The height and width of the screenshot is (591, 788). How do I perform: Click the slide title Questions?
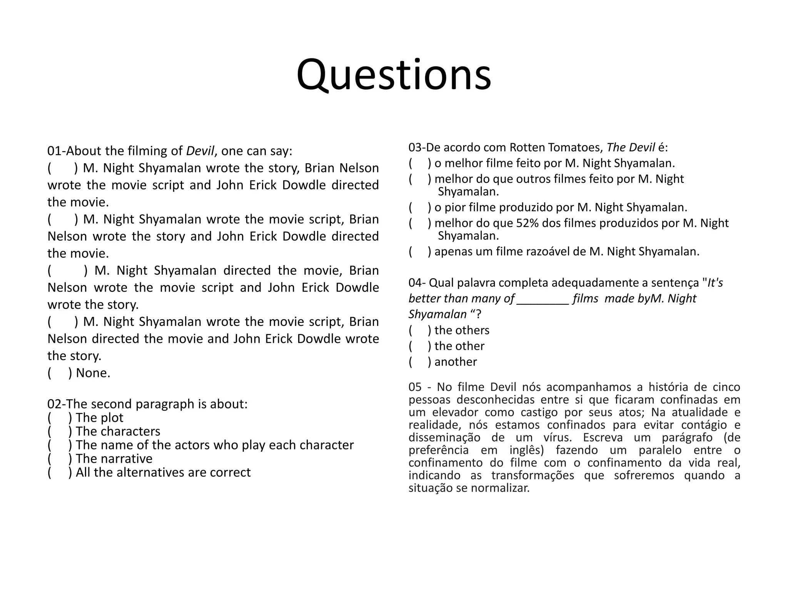(x=394, y=75)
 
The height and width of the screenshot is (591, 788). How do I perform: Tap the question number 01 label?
(x=55, y=151)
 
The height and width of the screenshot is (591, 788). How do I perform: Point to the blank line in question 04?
(x=543, y=299)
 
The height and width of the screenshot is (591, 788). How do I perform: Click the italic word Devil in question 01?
(x=200, y=151)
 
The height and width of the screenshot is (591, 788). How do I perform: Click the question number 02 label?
(x=55, y=404)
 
